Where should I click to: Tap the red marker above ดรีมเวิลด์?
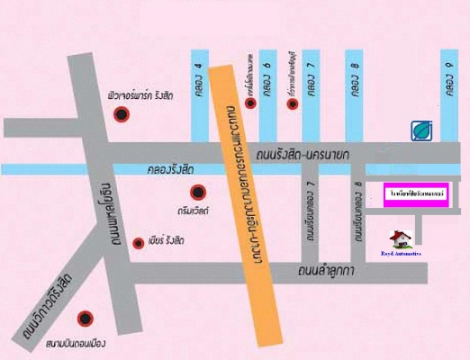(198, 190)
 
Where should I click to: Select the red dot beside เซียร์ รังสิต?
(138, 242)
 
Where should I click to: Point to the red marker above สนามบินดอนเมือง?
(86, 317)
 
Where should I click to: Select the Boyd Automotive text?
(401, 255)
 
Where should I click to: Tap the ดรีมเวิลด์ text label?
(194, 209)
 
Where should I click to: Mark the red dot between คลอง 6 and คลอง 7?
(291, 103)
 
